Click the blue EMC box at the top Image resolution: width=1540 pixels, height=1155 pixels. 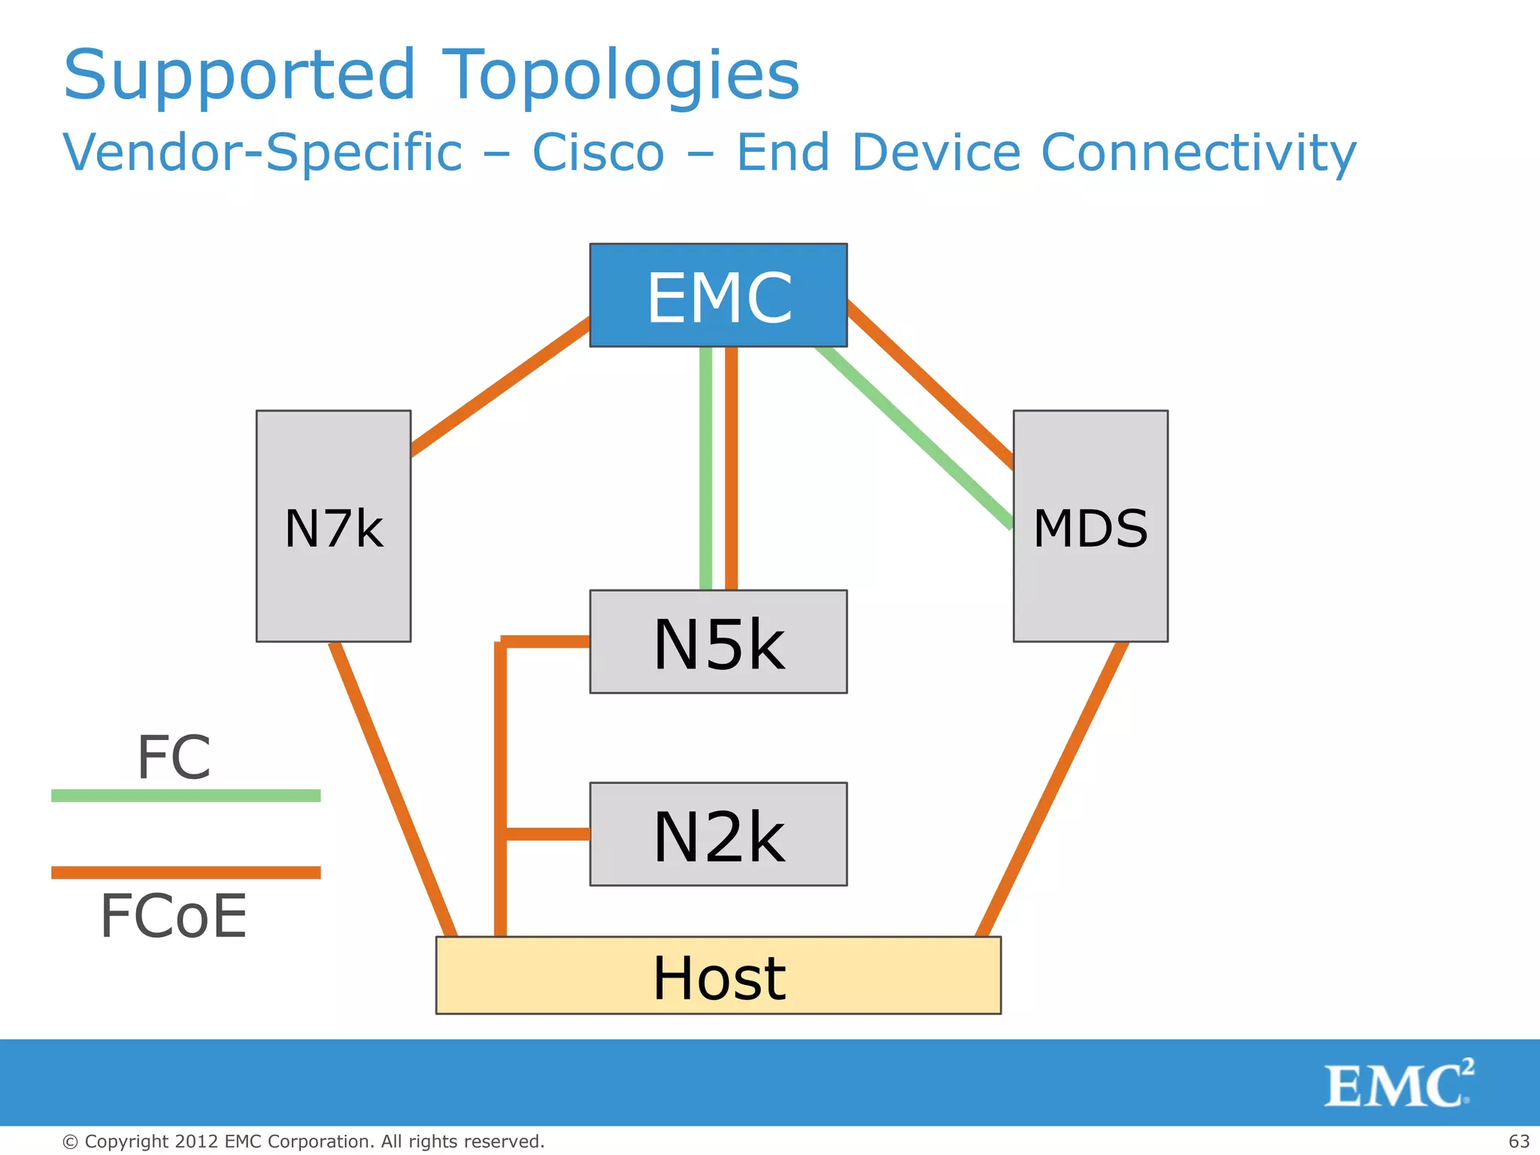click(x=718, y=295)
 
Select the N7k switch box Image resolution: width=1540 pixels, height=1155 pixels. click(x=333, y=526)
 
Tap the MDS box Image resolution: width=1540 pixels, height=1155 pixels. click(x=1090, y=526)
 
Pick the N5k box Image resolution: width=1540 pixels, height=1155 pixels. click(x=718, y=641)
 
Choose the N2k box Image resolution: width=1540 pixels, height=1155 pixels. click(x=718, y=834)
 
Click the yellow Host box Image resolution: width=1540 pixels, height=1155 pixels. click(x=718, y=975)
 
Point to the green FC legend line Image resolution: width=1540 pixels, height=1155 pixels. click(x=186, y=796)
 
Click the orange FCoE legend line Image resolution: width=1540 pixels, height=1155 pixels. click(x=186, y=872)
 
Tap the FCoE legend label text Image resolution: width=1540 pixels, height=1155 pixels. click(x=174, y=917)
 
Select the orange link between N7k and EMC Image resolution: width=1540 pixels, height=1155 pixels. click(x=500, y=388)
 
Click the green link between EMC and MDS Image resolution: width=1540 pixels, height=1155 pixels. click(x=914, y=436)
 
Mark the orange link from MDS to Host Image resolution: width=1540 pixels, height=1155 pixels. click(x=1053, y=790)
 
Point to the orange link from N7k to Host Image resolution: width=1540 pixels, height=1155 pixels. click(x=393, y=790)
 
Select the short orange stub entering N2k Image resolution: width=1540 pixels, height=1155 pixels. click(x=547, y=834)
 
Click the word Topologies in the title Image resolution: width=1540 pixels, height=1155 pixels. click(x=620, y=75)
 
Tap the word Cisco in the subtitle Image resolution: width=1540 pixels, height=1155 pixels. click(x=599, y=153)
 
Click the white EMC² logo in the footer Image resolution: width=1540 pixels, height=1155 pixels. click(x=1397, y=1084)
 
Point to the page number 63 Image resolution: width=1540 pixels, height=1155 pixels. click(x=1519, y=1141)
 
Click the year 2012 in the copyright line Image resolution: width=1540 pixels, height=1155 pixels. click(x=197, y=1141)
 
